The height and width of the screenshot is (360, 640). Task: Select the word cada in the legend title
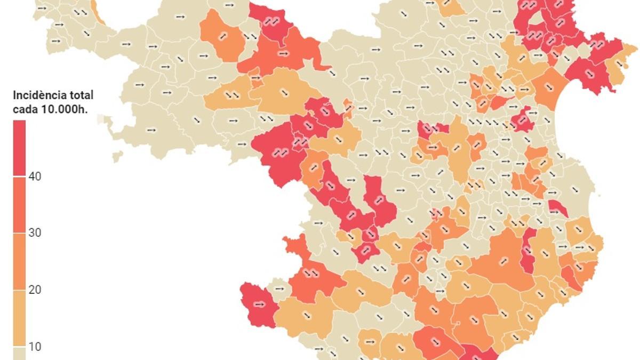[25, 109]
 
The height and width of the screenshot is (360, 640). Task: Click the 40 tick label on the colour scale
[36, 177]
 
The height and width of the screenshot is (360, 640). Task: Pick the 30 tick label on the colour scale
[36, 233]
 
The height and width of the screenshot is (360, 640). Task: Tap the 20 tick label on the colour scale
[36, 290]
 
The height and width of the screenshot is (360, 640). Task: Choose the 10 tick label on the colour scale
[36, 347]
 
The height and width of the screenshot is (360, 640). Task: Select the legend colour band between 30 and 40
[19, 204]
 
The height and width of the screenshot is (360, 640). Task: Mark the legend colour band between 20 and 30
[19, 261]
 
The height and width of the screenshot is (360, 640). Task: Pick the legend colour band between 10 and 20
[19, 318]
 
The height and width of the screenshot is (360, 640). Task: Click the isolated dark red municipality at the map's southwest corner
[258, 305]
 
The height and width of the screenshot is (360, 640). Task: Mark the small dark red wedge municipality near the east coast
[557, 207]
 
